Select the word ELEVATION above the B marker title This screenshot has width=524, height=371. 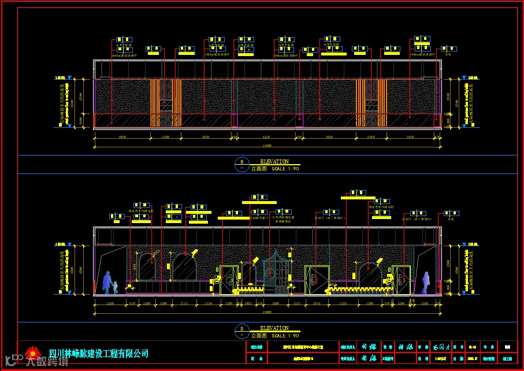(274, 161)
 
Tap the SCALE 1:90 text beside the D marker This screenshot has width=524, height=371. (285, 336)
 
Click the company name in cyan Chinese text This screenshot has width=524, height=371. (99, 353)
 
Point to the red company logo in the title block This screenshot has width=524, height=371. (32, 353)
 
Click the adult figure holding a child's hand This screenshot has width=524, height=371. (107, 282)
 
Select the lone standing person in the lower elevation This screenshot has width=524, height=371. (426, 282)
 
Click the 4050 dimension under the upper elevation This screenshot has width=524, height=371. (122, 138)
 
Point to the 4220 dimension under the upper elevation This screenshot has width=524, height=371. (266, 138)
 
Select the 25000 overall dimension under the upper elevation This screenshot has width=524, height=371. (267, 145)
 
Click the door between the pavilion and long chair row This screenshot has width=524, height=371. (314, 280)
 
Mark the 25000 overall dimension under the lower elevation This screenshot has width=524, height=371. (267, 312)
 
